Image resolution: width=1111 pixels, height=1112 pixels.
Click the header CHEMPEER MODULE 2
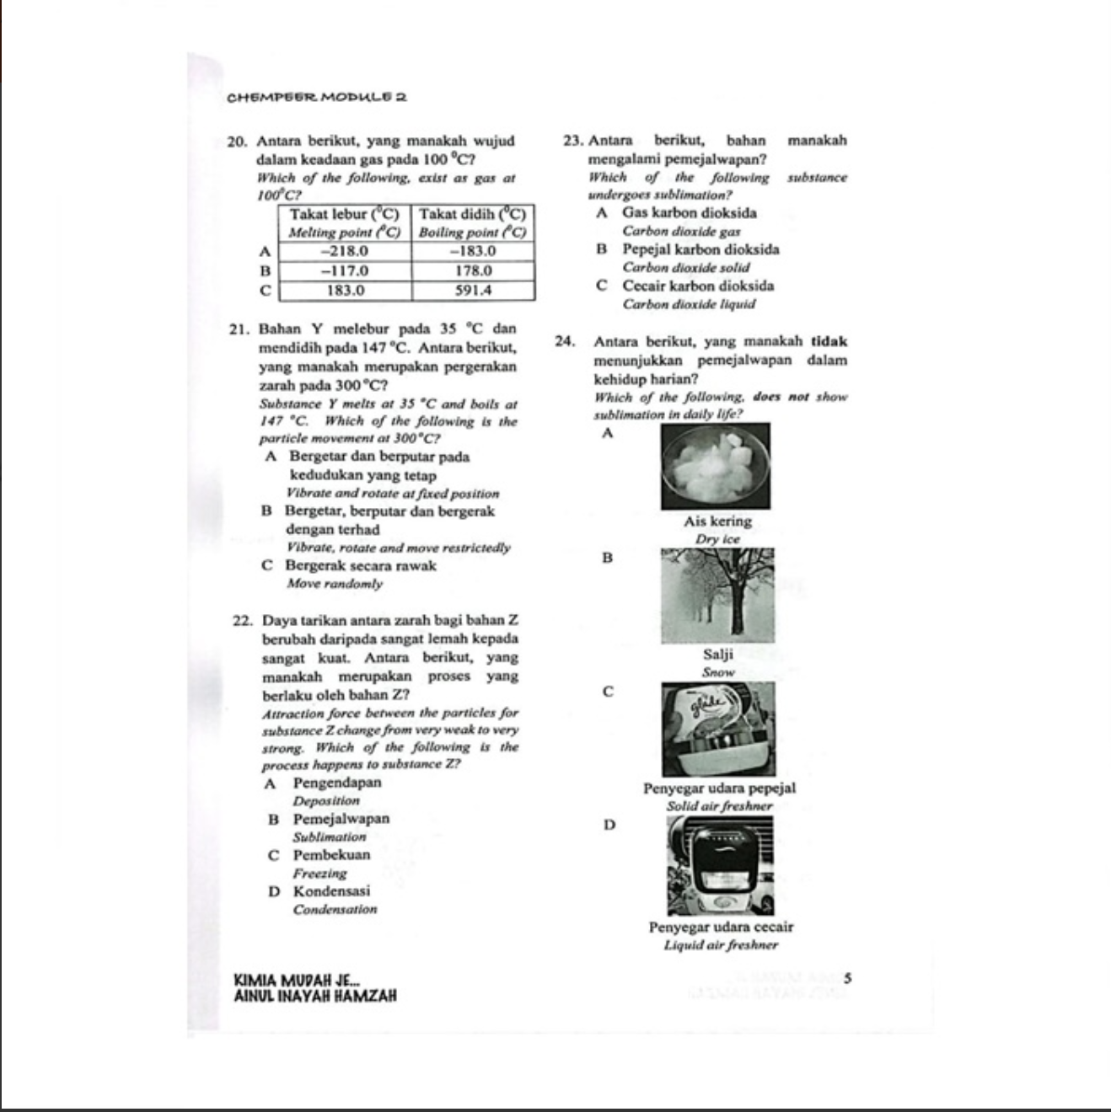317,97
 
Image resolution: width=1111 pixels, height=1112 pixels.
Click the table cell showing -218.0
346,251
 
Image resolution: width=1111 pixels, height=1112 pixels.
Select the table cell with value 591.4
473,291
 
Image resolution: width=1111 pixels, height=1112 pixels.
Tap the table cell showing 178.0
473,271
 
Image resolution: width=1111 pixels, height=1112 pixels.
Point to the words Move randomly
335,584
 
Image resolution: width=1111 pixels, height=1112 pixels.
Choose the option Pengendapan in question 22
337,783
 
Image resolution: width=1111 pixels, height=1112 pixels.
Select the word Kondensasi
331,891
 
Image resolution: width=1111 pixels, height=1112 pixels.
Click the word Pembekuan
331,855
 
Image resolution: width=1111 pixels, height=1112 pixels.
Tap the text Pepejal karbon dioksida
700,249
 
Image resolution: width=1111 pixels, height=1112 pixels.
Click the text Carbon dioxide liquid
689,304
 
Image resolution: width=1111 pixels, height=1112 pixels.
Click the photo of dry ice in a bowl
716,467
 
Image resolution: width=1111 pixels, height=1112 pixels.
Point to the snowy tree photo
717,596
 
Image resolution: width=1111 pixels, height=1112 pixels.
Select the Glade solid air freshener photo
718,729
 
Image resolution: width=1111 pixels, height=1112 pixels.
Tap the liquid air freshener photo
720,865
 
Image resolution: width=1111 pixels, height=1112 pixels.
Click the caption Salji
718,655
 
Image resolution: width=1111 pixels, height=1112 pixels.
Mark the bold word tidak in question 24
829,342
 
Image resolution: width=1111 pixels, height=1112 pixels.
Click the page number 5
847,979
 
